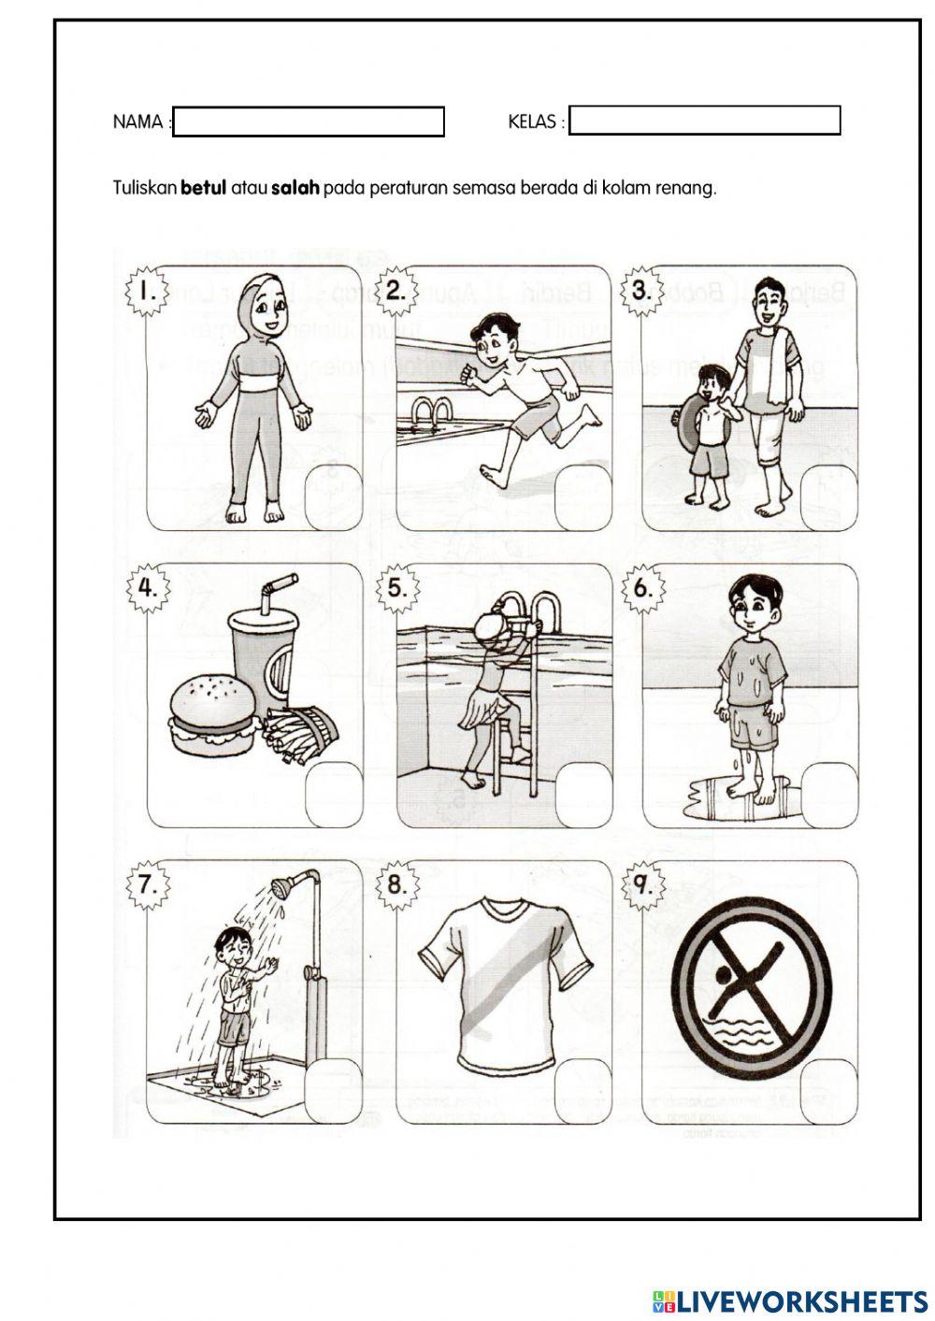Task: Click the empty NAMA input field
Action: click(309, 122)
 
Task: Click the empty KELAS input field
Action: click(704, 122)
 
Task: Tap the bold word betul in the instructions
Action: click(203, 188)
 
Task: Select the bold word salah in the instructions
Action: click(295, 188)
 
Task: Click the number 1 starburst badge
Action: click(147, 291)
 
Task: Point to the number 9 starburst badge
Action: click(642, 884)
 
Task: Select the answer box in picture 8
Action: click(583, 1091)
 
